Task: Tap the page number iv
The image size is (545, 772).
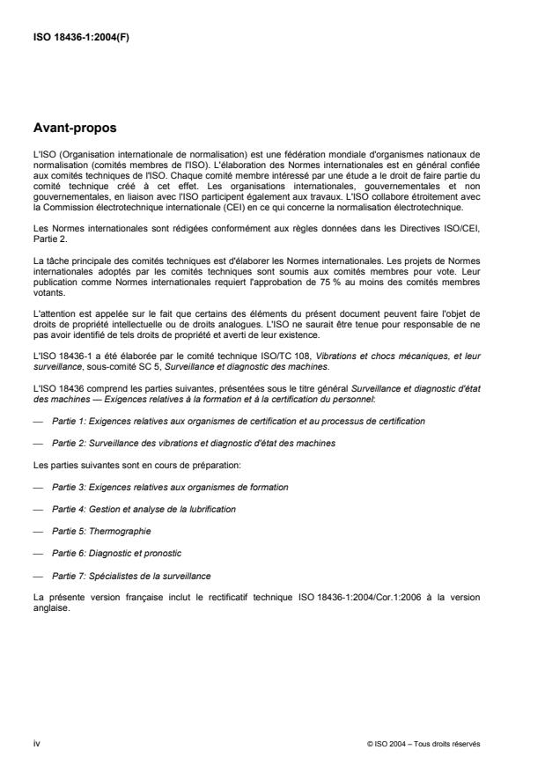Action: click(x=36, y=744)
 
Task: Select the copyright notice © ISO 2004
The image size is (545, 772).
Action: click(x=423, y=744)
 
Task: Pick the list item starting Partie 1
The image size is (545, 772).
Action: click(x=239, y=421)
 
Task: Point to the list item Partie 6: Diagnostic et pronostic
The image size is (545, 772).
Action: click(x=116, y=553)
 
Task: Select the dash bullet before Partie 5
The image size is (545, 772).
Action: click(x=37, y=531)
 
